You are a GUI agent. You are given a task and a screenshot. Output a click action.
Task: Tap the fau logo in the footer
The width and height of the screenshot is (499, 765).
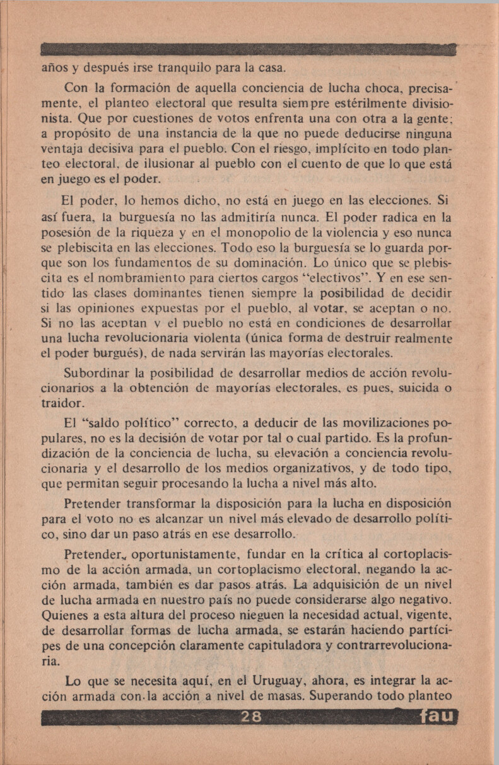click(x=437, y=716)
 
